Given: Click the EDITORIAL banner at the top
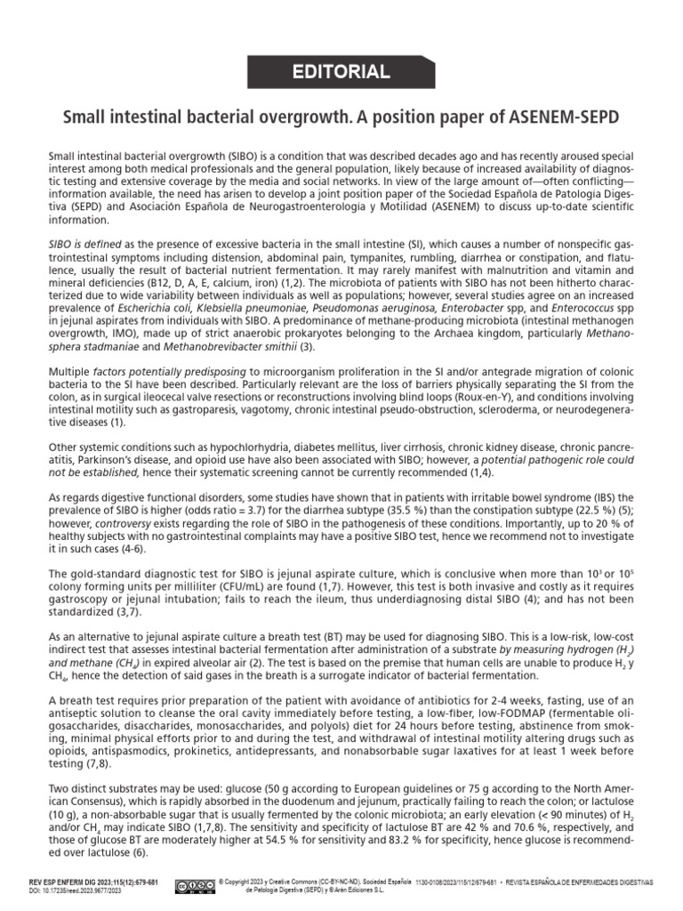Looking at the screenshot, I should pyautogui.click(x=341, y=73).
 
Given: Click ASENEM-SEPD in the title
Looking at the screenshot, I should pyautogui.click(x=565, y=117).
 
